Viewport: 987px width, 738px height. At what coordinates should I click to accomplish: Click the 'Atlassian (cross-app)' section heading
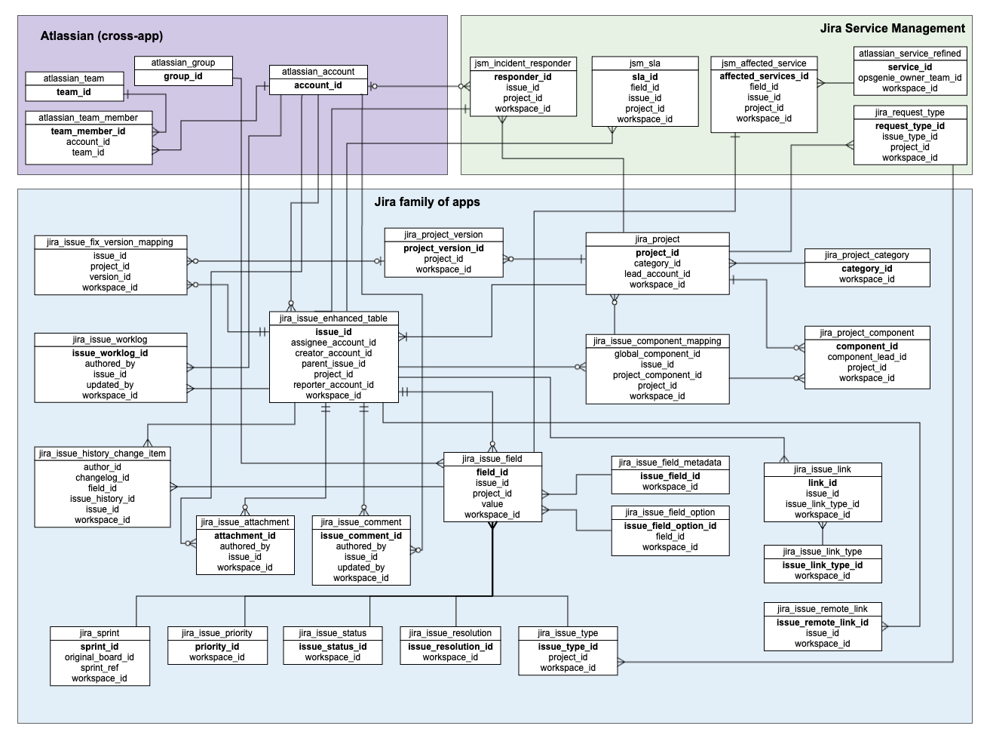(x=101, y=35)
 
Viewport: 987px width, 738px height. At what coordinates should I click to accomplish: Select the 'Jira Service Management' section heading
(x=892, y=29)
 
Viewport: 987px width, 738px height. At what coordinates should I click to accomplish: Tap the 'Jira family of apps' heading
(x=427, y=202)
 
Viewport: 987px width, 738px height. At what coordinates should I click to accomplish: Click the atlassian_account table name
(x=318, y=72)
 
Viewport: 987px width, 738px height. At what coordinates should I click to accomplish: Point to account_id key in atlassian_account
(x=318, y=85)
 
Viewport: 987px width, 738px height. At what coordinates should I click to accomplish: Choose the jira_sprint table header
(x=100, y=633)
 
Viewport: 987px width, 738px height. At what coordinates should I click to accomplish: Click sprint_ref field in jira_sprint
(x=100, y=668)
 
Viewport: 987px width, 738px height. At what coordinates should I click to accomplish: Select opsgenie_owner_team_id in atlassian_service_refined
(x=909, y=78)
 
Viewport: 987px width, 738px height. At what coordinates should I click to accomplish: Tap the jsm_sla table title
(x=644, y=63)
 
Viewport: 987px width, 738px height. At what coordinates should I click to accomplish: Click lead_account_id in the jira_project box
(x=657, y=274)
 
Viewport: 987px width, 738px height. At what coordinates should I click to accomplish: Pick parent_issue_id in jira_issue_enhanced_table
(x=333, y=364)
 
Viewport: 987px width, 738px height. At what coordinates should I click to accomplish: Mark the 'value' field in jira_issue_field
(x=492, y=504)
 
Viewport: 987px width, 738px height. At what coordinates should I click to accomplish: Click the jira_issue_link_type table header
(x=822, y=552)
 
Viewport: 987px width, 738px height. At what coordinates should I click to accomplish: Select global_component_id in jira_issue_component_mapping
(x=657, y=354)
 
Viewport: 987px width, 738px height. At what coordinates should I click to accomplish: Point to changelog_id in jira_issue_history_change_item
(x=103, y=478)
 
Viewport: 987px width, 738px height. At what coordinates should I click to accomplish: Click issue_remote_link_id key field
(x=822, y=623)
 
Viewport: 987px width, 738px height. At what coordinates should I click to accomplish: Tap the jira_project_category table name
(x=866, y=255)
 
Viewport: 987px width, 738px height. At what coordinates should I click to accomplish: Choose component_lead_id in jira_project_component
(x=866, y=357)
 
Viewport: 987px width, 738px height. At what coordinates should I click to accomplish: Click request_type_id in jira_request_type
(x=909, y=126)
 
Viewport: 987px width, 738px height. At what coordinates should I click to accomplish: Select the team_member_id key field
(x=88, y=131)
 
